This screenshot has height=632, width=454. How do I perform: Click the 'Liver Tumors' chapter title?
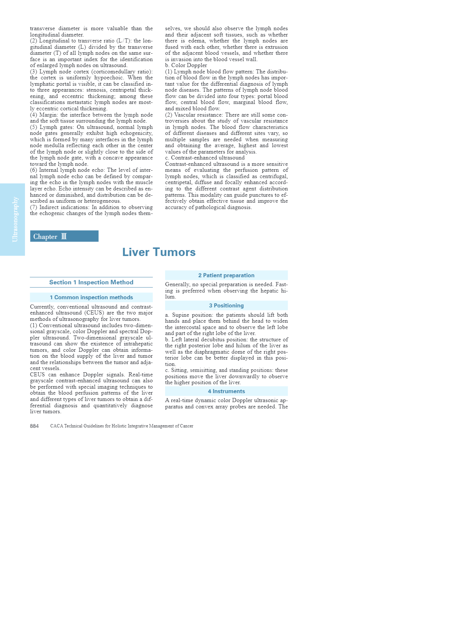click(159, 252)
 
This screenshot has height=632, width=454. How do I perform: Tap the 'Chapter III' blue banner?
click(64, 236)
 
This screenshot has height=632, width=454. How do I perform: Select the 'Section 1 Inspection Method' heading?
click(91, 282)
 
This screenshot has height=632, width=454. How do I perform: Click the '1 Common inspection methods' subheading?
click(91, 297)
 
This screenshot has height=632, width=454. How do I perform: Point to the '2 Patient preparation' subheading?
click(226, 275)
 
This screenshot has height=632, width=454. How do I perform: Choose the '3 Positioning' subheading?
click(226, 306)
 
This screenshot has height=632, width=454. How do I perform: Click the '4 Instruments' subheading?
click(226, 391)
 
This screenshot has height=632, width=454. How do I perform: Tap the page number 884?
click(34, 426)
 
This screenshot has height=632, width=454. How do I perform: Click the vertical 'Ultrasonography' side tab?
click(15, 219)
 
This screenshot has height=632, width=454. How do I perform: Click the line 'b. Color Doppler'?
click(186, 65)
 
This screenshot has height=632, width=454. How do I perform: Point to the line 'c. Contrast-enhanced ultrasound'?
click(205, 158)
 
